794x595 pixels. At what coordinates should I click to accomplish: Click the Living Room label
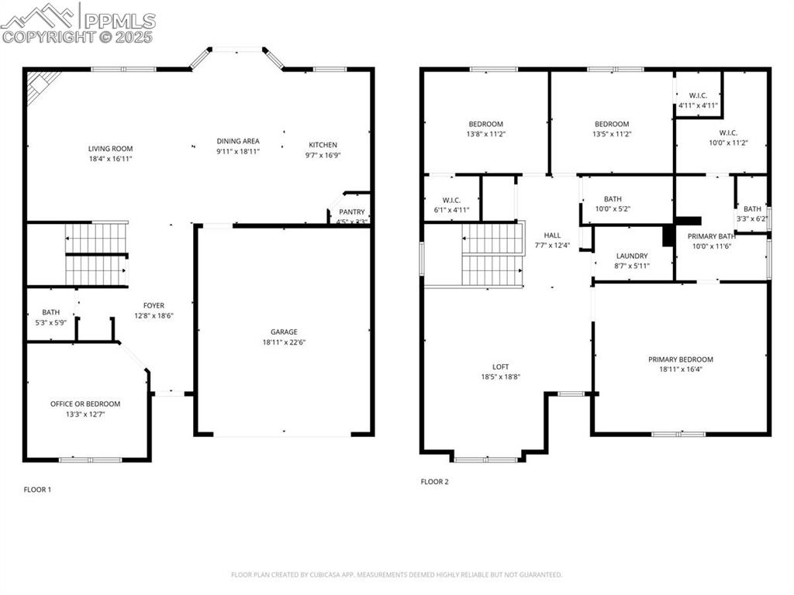coord(110,149)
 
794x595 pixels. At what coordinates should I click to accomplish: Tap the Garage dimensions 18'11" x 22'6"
coord(284,342)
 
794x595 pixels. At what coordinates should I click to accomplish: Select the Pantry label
coord(351,212)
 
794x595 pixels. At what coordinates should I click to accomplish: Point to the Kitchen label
coord(323,145)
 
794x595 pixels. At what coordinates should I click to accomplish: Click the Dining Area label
coord(238,141)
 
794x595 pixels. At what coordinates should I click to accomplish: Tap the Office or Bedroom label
coord(85,404)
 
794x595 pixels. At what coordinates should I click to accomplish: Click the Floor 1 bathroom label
coord(50,312)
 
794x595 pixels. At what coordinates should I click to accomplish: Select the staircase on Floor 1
coord(96,254)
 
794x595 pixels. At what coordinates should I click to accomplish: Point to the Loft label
coord(500,366)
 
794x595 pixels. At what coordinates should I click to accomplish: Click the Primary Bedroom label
coord(681,359)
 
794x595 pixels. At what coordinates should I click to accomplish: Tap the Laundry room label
coord(632,256)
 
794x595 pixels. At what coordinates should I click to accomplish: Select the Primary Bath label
coord(711,236)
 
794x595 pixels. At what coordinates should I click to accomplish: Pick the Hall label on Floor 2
coord(552,236)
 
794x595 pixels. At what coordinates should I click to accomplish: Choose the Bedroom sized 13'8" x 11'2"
coord(485,124)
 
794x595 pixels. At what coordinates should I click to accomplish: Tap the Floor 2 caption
coord(434,482)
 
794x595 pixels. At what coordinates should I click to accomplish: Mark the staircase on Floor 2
coord(493,255)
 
